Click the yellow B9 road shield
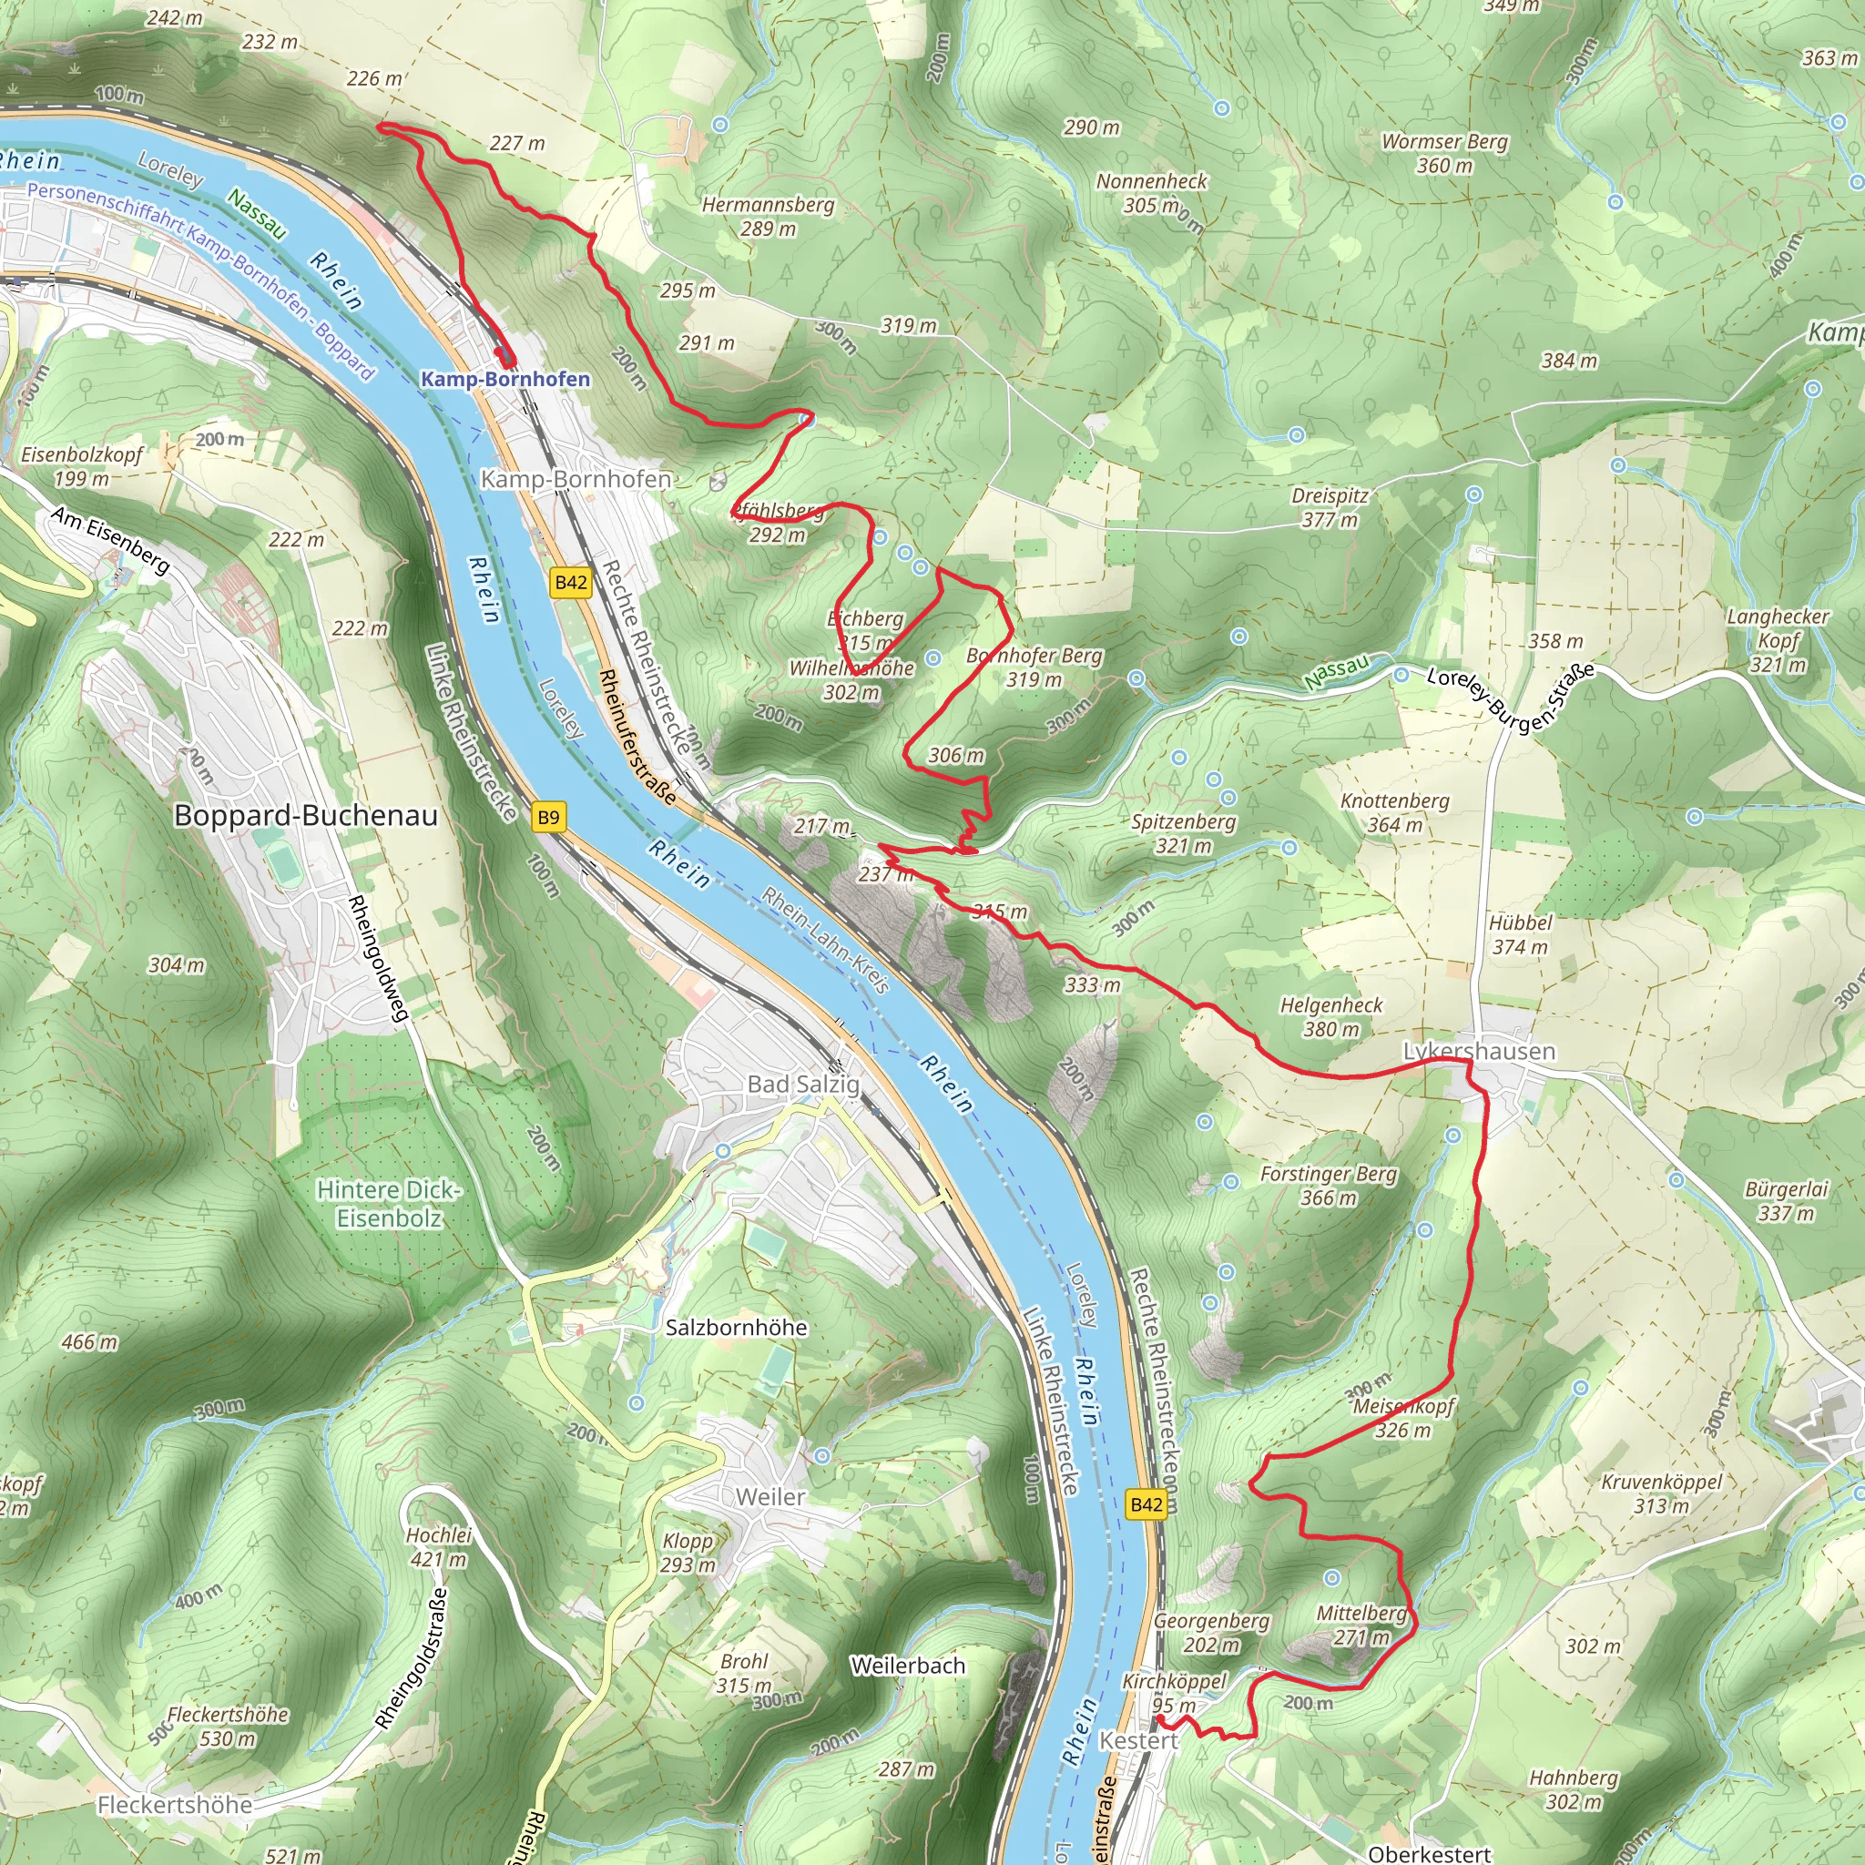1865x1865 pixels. [547, 818]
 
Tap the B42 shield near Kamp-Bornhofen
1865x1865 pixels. [570, 582]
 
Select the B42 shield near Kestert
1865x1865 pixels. [1146, 1504]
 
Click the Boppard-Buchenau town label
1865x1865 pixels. [305, 816]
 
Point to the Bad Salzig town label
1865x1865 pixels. [803, 1084]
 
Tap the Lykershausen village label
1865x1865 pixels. [1478, 1051]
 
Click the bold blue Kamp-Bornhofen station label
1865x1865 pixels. [504, 380]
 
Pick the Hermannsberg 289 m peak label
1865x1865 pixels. [768, 216]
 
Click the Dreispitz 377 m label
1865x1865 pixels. [1330, 508]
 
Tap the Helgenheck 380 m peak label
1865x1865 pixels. [1331, 1017]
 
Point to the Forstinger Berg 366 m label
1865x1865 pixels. [1329, 1186]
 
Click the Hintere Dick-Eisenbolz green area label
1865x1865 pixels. [389, 1204]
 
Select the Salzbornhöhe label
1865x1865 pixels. [736, 1328]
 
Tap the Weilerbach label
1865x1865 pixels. [907, 1666]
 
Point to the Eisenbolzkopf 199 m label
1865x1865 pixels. [82, 466]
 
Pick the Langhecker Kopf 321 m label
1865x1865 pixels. [1778, 640]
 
